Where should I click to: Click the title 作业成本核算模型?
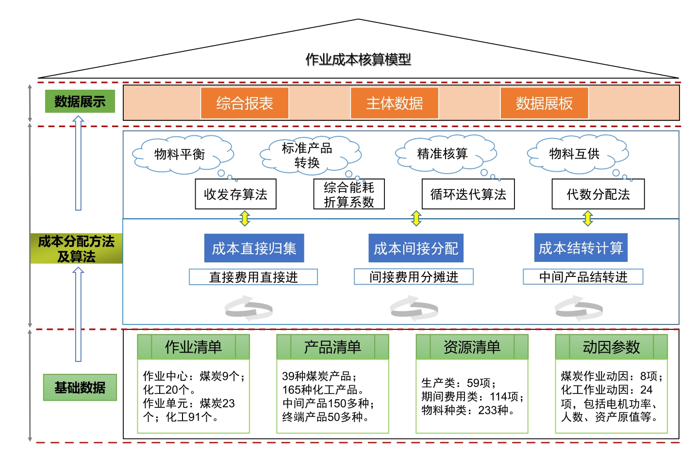tap(358, 60)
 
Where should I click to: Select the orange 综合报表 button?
tap(245, 103)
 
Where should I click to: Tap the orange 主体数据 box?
tap(394, 103)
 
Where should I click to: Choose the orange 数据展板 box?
tap(544, 103)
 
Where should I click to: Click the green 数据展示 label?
tap(80, 101)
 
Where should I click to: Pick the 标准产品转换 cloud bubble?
tap(308, 155)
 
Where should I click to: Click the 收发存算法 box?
tap(235, 194)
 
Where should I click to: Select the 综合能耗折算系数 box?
tap(349, 194)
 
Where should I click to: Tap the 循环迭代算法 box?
tap(468, 194)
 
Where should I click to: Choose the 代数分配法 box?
tap(598, 194)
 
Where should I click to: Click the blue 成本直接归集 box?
tap(254, 248)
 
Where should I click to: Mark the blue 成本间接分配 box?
tap(416, 248)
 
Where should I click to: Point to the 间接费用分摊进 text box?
tap(414, 276)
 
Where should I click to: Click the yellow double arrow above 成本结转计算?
tap(588, 218)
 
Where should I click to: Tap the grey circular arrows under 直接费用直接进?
tap(249, 309)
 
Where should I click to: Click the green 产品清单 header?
tap(332, 347)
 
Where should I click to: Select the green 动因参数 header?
tap(611, 347)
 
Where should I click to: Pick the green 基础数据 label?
tap(80, 387)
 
